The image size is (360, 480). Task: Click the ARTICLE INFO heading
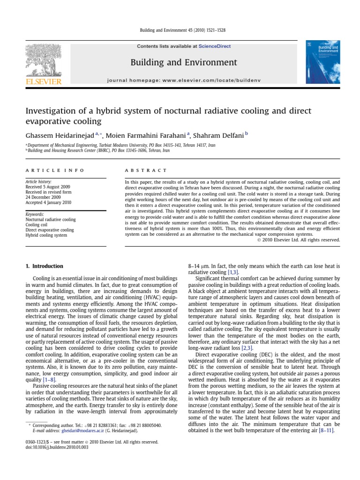[55, 170]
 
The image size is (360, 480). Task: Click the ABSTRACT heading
[139, 170]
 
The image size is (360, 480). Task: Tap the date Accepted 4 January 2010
[48, 202]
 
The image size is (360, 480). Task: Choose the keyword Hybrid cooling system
[46, 235]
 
